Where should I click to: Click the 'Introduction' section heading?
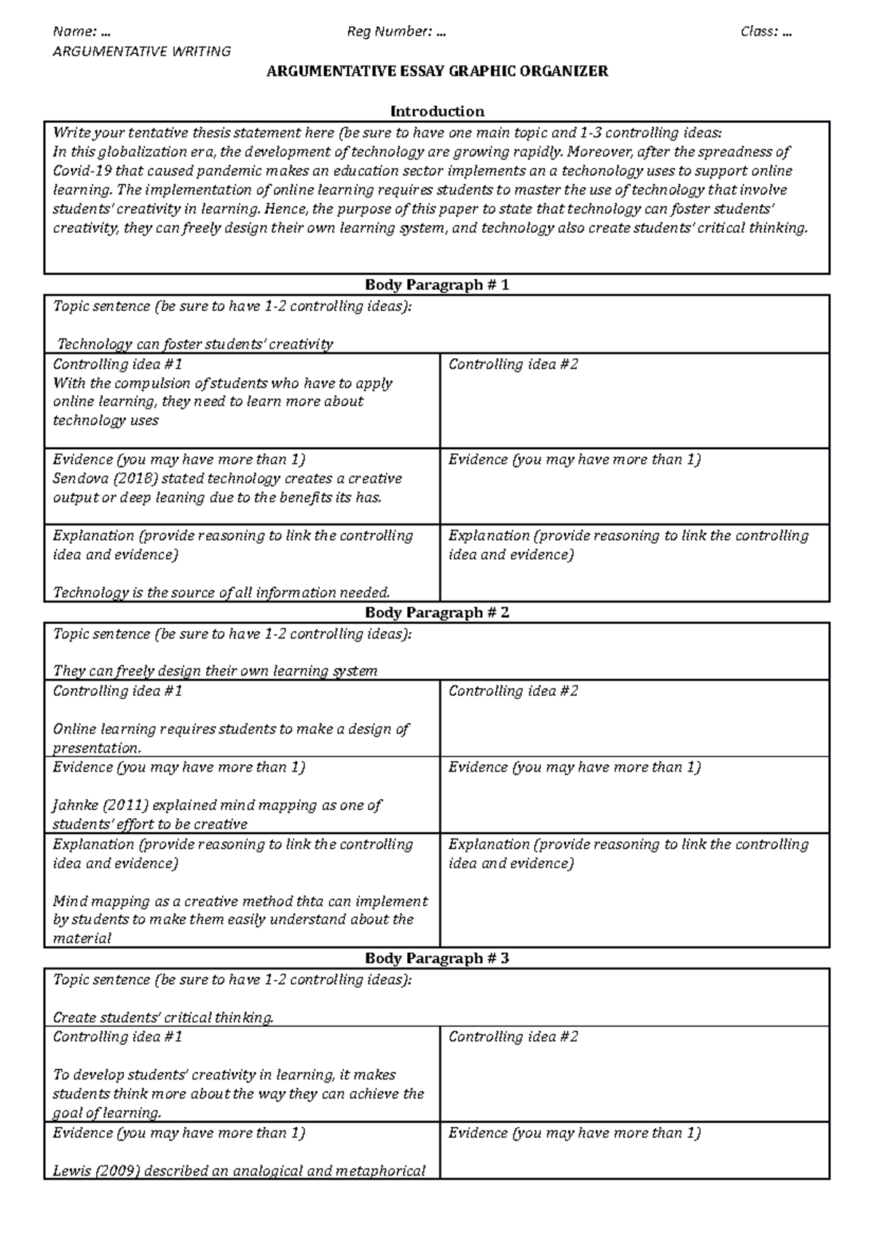pyautogui.click(x=437, y=111)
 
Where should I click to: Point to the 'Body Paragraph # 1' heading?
pyautogui.click(x=437, y=285)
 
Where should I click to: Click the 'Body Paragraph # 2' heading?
pyautogui.click(x=437, y=612)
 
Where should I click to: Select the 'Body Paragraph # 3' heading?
pyautogui.click(x=437, y=958)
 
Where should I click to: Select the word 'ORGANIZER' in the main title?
pyautogui.click(x=570, y=71)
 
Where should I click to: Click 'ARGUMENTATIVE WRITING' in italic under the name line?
pyautogui.click(x=142, y=52)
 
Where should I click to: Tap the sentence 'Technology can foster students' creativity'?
pyautogui.click(x=194, y=344)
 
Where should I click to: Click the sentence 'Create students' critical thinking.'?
pyautogui.click(x=164, y=1018)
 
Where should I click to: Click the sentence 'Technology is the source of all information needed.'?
pyautogui.click(x=221, y=593)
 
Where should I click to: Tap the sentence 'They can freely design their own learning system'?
pyautogui.click(x=215, y=671)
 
